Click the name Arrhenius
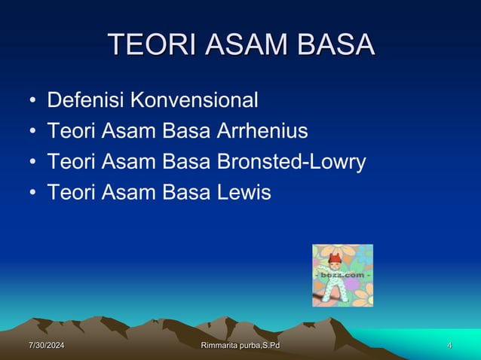tap(262, 131)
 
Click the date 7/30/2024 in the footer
tap(46, 346)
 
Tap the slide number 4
tap(449, 346)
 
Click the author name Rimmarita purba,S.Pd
tap(240, 346)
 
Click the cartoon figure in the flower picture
tap(333, 280)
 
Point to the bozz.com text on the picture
tap(343, 275)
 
